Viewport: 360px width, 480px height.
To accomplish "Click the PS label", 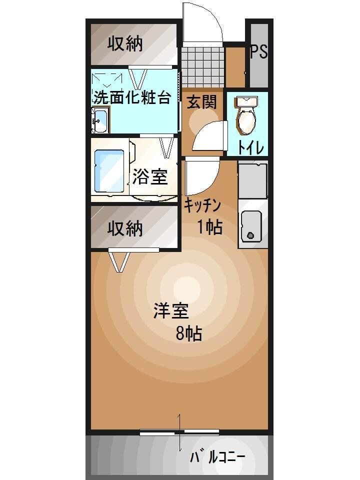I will (x=258, y=51).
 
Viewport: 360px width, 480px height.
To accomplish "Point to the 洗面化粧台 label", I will (x=131, y=97).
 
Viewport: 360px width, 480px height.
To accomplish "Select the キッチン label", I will (x=202, y=204).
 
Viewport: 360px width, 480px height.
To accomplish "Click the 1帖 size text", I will (x=209, y=227).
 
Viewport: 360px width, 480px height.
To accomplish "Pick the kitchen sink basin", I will (x=251, y=226).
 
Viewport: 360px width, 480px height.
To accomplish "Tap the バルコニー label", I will (x=217, y=457).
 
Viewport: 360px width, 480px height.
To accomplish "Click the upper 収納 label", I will (x=125, y=44).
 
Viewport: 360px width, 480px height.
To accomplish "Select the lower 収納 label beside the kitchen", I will (x=125, y=228).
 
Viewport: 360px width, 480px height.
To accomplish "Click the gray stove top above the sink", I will (x=252, y=180).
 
